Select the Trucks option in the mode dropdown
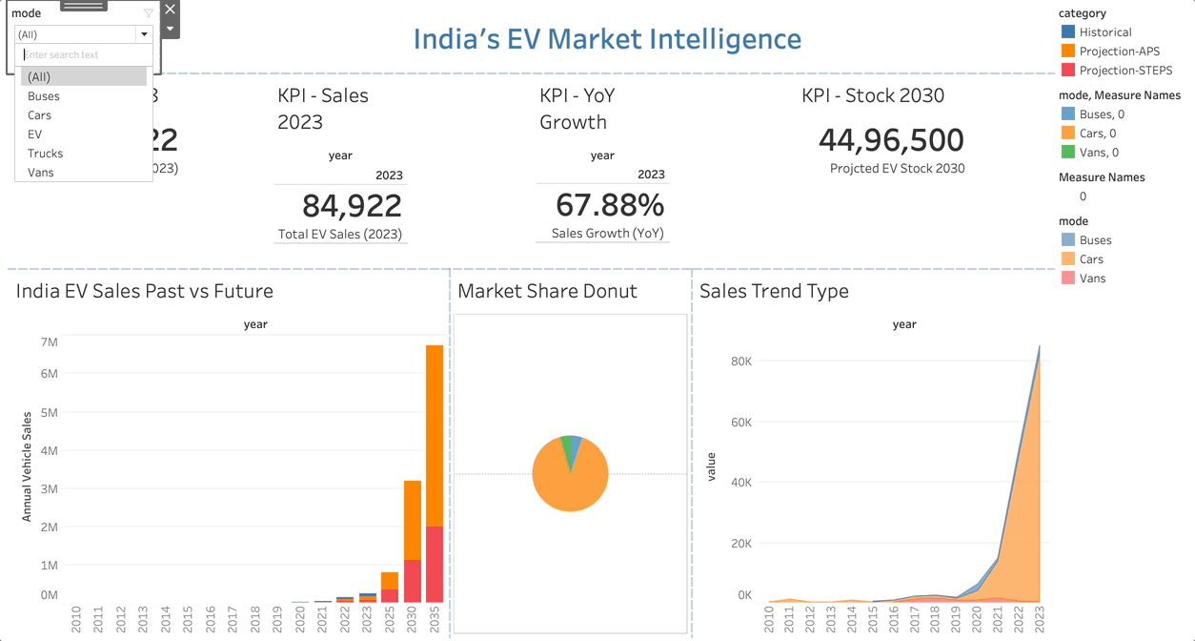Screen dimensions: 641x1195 coord(46,154)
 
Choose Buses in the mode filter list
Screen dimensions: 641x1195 coord(44,96)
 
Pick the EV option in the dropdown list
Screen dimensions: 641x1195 coord(35,134)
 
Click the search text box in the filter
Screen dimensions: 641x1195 coord(84,55)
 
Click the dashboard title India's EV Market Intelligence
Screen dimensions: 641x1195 coord(607,40)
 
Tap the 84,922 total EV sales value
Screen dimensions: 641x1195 coord(352,205)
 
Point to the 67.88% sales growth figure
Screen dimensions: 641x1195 coord(610,205)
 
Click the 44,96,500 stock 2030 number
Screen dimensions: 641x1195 coord(891,140)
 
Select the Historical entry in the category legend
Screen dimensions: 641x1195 coord(1105,32)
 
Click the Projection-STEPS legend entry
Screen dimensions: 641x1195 coord(1125,71)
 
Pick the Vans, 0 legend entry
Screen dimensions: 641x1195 coord(1099,153)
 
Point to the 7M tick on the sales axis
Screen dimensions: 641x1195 coord(49,342)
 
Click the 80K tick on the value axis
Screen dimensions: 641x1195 coord(741,362)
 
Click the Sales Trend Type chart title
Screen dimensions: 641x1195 coord(774,292)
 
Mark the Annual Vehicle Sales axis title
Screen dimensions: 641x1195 coord(27,466)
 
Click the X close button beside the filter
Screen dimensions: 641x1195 coord(170,10)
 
